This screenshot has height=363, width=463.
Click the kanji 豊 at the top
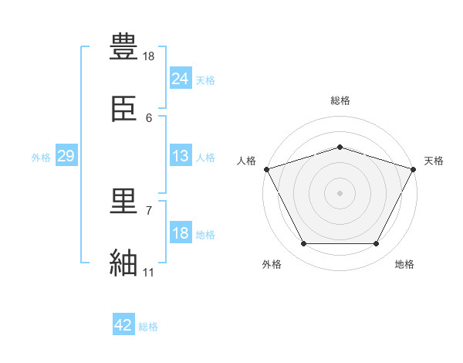coord(123,46)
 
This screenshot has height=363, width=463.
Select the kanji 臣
coord(123,108)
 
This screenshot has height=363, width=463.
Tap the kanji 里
coord(123,201)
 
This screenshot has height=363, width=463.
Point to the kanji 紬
coord(123,262)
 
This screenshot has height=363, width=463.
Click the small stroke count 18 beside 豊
coord(148,56)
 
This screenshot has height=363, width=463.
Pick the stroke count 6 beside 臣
coord(149,118)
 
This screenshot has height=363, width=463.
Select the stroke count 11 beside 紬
coord(148,272)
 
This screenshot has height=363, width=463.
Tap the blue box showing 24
coord(181,77)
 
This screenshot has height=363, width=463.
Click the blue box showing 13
coord(181,155)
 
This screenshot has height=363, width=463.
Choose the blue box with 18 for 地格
coord(181,232)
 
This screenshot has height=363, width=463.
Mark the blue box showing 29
coord(66,155)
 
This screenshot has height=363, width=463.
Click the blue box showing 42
coord(123,324)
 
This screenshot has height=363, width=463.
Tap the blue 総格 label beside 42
coord(148,327)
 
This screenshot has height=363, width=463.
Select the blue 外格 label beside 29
coord(41,158)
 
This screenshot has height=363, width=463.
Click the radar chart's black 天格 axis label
coord(434,161)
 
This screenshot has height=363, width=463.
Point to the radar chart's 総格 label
coord(340,100)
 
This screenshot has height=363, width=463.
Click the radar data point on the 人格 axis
coord(267,169)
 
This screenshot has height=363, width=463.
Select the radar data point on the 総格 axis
coord(340,147)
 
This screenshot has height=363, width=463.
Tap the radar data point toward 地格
coord(376,243)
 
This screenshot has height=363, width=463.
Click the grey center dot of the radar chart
coord(340,193)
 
